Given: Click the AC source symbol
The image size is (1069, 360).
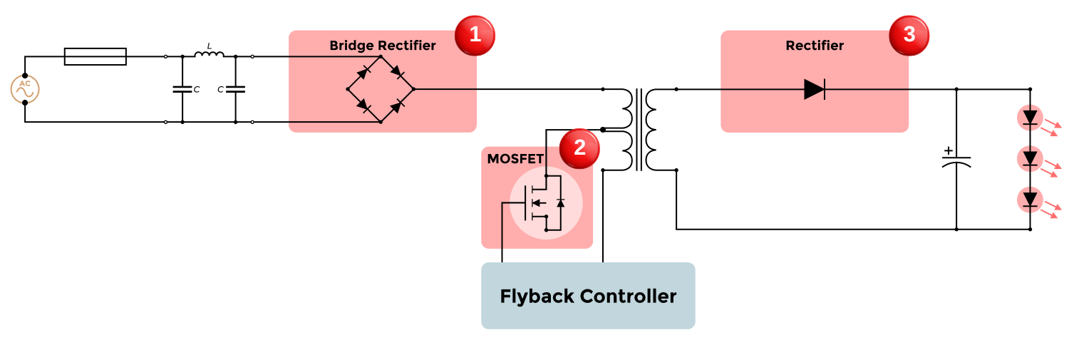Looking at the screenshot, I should click(24, 89).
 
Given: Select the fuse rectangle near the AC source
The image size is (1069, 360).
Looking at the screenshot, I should click(95, 57).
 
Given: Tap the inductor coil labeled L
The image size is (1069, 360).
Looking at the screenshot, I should click(209, 54).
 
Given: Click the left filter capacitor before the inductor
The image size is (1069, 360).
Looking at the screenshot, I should click(182, 89).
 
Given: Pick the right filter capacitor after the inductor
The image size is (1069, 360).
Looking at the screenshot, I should click(236, 89).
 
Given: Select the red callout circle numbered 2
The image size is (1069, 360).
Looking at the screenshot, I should click(579, 148).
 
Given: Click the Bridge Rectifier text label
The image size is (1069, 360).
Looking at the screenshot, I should click(382, 46).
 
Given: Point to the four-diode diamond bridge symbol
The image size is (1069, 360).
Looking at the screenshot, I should click(381, 89).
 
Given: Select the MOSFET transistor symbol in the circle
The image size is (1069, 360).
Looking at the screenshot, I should click(546, 203).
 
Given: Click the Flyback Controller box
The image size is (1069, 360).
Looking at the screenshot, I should click(588, 296).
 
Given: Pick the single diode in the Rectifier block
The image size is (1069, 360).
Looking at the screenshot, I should click(814, 89).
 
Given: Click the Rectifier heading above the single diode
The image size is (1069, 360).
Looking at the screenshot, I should click(815, 46).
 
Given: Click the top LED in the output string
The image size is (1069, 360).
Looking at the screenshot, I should click(1030, 118).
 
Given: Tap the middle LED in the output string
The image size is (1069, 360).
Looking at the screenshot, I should click(1030, 158).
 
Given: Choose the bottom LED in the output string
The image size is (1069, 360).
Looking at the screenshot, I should click(1030, 200).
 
